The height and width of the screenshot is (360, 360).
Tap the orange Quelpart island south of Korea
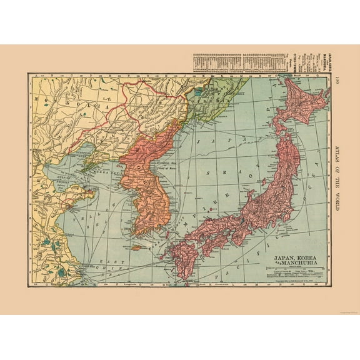[136, 247]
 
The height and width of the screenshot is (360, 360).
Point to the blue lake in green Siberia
[199, 91]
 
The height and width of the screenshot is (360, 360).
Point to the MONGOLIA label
[62, 103]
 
